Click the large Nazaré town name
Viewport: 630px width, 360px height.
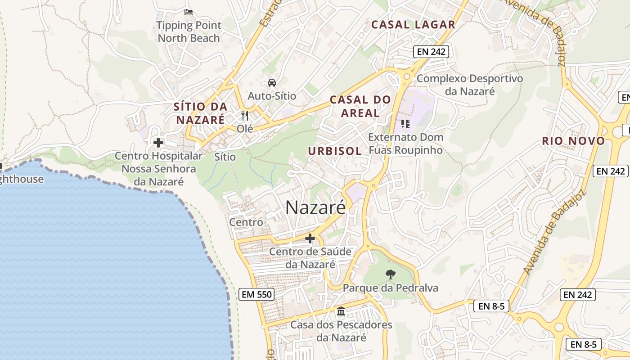point(316,207)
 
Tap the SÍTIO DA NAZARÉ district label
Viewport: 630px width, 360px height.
point(200,113)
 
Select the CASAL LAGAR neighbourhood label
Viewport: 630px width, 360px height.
point(413,25)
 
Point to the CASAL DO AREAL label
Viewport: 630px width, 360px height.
point(360,106)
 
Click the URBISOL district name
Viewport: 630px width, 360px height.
point(335,151)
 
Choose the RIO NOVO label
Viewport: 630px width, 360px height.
point(573,141)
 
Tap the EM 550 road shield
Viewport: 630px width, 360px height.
point(256,295)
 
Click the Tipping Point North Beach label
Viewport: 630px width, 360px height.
point(189,31)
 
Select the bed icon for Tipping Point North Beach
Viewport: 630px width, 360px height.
point(189,12)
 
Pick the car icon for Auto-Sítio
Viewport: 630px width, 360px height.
point(272,83)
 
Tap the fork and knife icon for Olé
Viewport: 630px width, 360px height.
point(245,116)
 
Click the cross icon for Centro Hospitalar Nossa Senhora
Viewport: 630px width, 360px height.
point(158,143)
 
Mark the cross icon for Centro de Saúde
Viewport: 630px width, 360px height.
point(310,238)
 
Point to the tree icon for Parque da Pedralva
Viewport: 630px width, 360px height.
point(391,274)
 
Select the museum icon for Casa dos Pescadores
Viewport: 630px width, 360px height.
point(341,311)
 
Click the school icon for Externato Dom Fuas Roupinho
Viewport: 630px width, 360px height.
point(405,123)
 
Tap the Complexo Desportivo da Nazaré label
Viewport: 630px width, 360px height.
point(470,85)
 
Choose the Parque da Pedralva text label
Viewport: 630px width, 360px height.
point(391,288)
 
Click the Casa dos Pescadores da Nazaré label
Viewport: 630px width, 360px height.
point(341,331)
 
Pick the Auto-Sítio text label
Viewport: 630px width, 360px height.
point(272,96)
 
